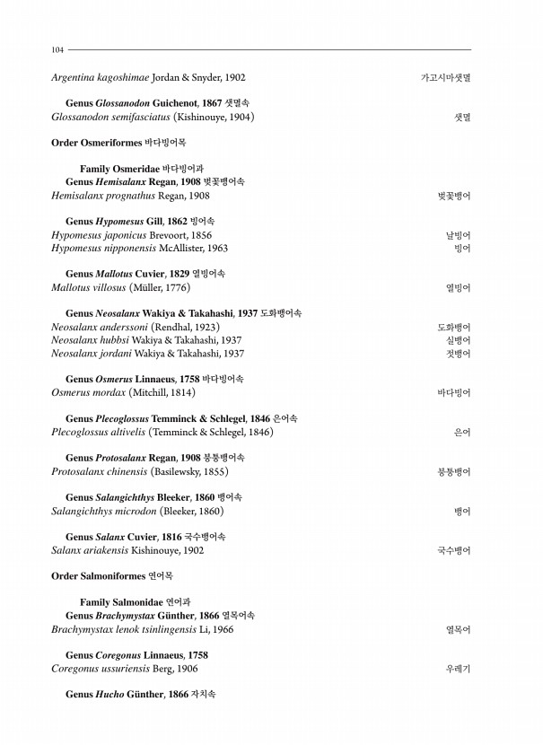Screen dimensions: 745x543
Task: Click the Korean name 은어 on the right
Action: click(x=462, y=432)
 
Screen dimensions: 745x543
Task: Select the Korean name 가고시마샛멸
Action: click(x=446, y=78)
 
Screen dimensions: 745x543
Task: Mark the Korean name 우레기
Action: click(x=458, y=669)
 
